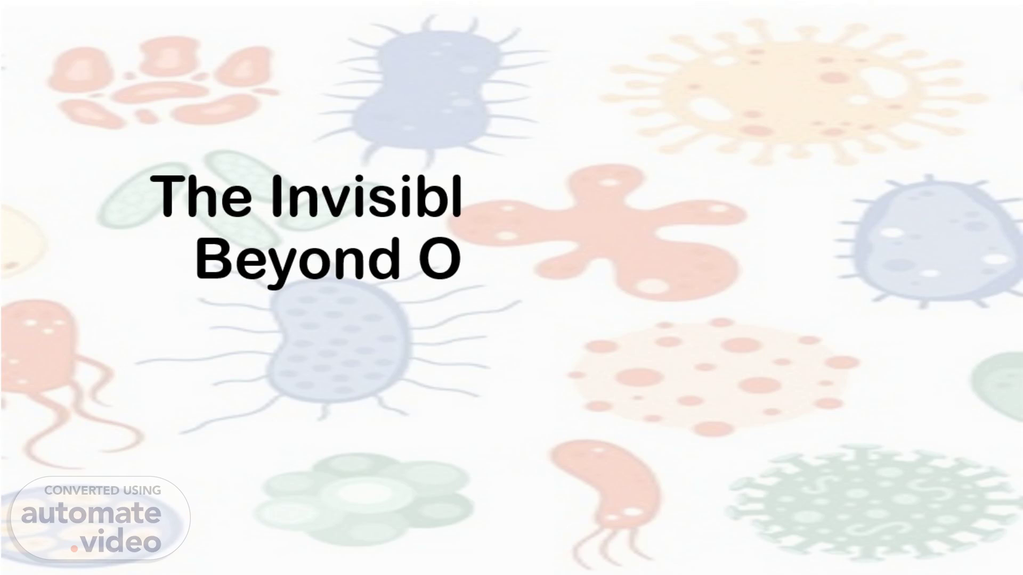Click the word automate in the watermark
(x=91, y=514)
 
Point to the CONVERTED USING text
(x=103, y=490)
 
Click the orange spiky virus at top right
(x=794, y=91)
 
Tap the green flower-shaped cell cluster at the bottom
(x=362, y=500)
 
